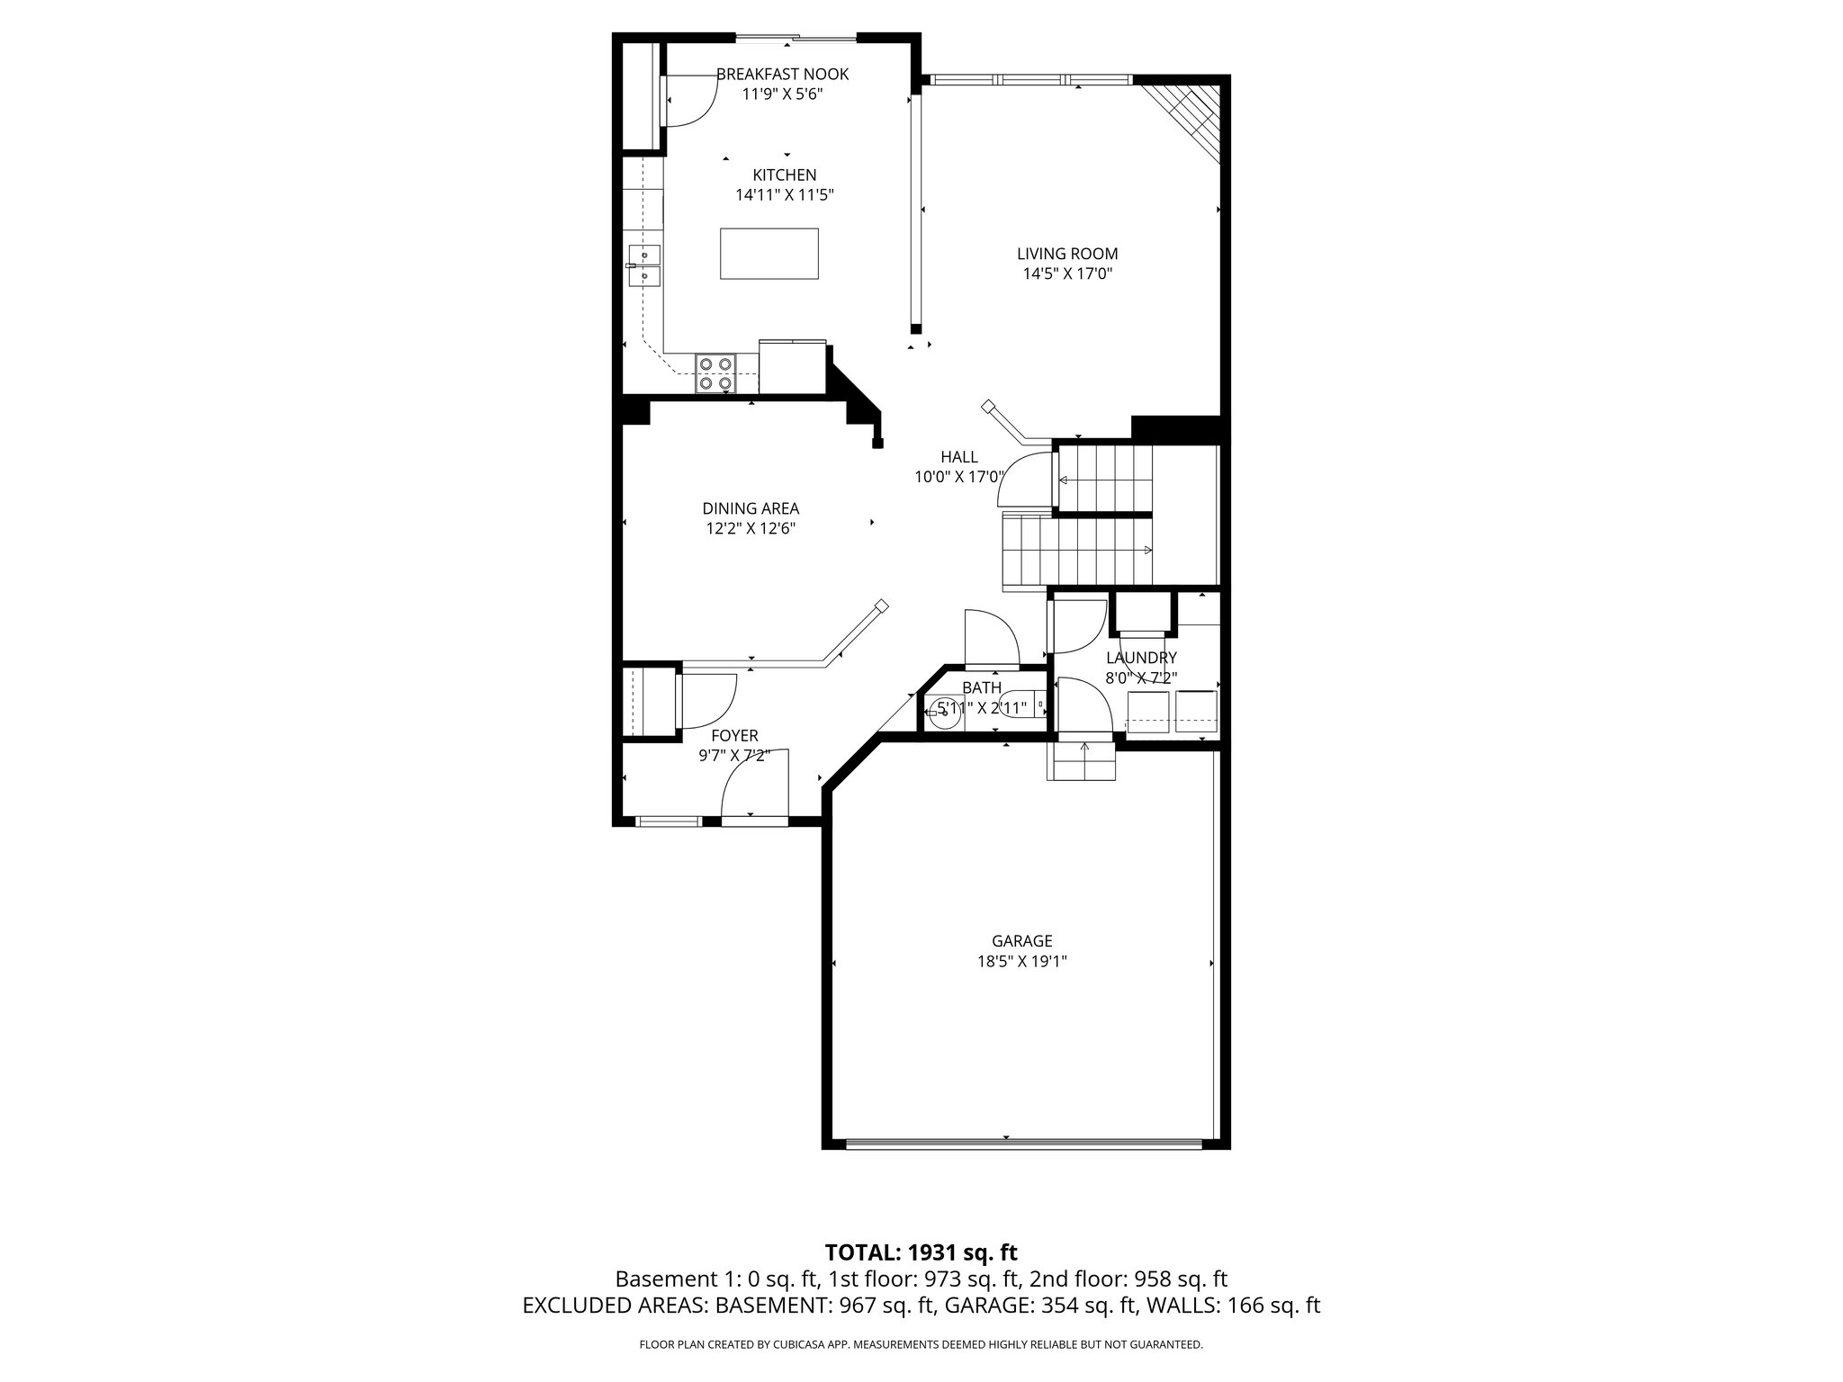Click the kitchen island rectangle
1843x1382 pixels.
click(x=769, y=254)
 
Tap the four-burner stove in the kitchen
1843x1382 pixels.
click(x=715, y=373)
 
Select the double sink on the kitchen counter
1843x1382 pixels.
click(x=643, y=265)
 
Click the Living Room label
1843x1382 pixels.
click(x=1067, y=255)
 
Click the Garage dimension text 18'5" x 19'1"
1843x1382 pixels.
click(x=1022, y=961)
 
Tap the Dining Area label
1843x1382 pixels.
click(x=751, y=508)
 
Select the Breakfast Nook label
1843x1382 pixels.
click(x=782, y=74)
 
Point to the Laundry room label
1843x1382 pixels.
click(x=1141, y=658)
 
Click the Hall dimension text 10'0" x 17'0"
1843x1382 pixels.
click(x=959, y=477)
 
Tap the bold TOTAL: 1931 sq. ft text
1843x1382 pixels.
click(x=921, y=1252)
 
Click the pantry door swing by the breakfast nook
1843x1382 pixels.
click(x=688, y=101)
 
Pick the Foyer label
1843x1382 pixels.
click(x=734, y=736)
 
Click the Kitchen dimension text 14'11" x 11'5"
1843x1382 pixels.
click(x=785, y=194)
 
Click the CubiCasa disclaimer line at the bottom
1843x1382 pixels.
click(x=921, y=1344)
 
